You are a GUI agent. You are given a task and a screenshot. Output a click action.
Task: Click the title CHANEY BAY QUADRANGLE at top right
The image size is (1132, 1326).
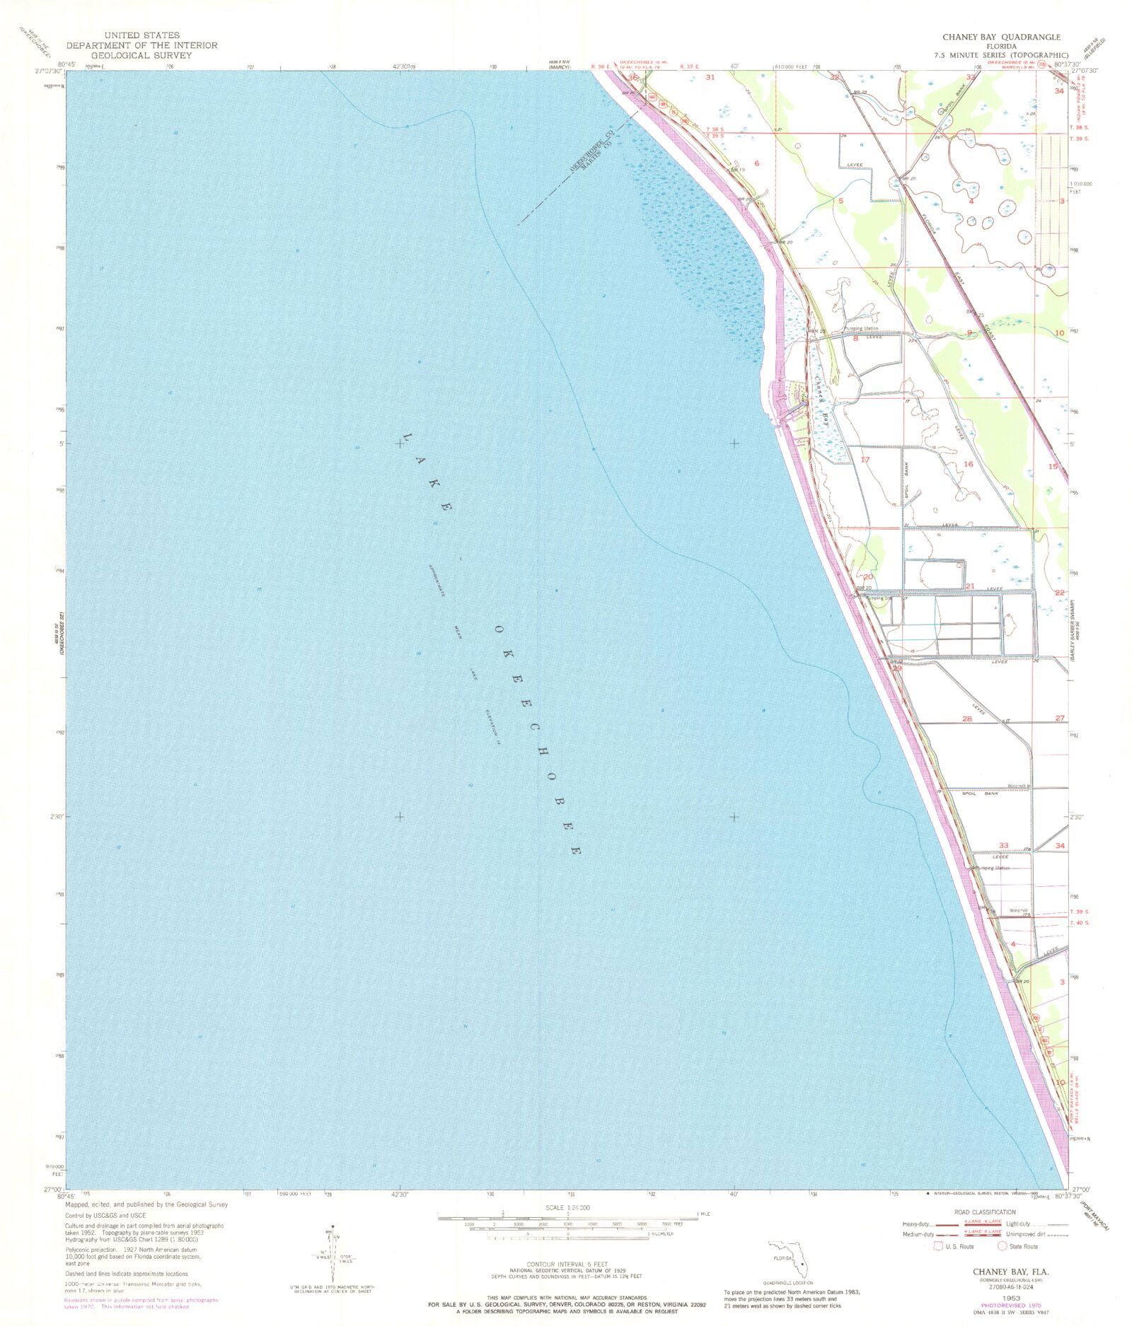1000,37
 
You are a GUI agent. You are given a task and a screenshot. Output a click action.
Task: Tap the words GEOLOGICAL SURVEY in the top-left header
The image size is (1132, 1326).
141,55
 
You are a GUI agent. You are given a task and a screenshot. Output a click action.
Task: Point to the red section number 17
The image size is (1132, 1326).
865,460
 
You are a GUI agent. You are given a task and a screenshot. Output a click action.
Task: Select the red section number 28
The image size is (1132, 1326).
967,719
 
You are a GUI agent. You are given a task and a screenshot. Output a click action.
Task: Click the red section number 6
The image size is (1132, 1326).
757,163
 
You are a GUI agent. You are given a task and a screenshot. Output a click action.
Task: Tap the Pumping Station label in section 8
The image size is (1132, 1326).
861,329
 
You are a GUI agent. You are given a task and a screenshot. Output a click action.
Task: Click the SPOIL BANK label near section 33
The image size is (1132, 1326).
979,794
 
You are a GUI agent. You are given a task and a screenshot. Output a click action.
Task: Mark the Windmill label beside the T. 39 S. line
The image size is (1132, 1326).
1018,910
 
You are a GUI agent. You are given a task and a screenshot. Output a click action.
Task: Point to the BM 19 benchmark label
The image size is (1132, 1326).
738,170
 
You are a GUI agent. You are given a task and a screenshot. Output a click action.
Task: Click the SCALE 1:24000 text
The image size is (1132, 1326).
567,1208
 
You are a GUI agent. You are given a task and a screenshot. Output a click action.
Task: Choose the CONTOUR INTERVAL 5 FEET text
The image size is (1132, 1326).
567,1264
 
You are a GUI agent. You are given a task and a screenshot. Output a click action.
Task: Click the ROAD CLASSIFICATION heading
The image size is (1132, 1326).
985,1212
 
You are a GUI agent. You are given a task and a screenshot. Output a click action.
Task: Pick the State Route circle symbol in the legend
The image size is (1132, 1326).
1002,1246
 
